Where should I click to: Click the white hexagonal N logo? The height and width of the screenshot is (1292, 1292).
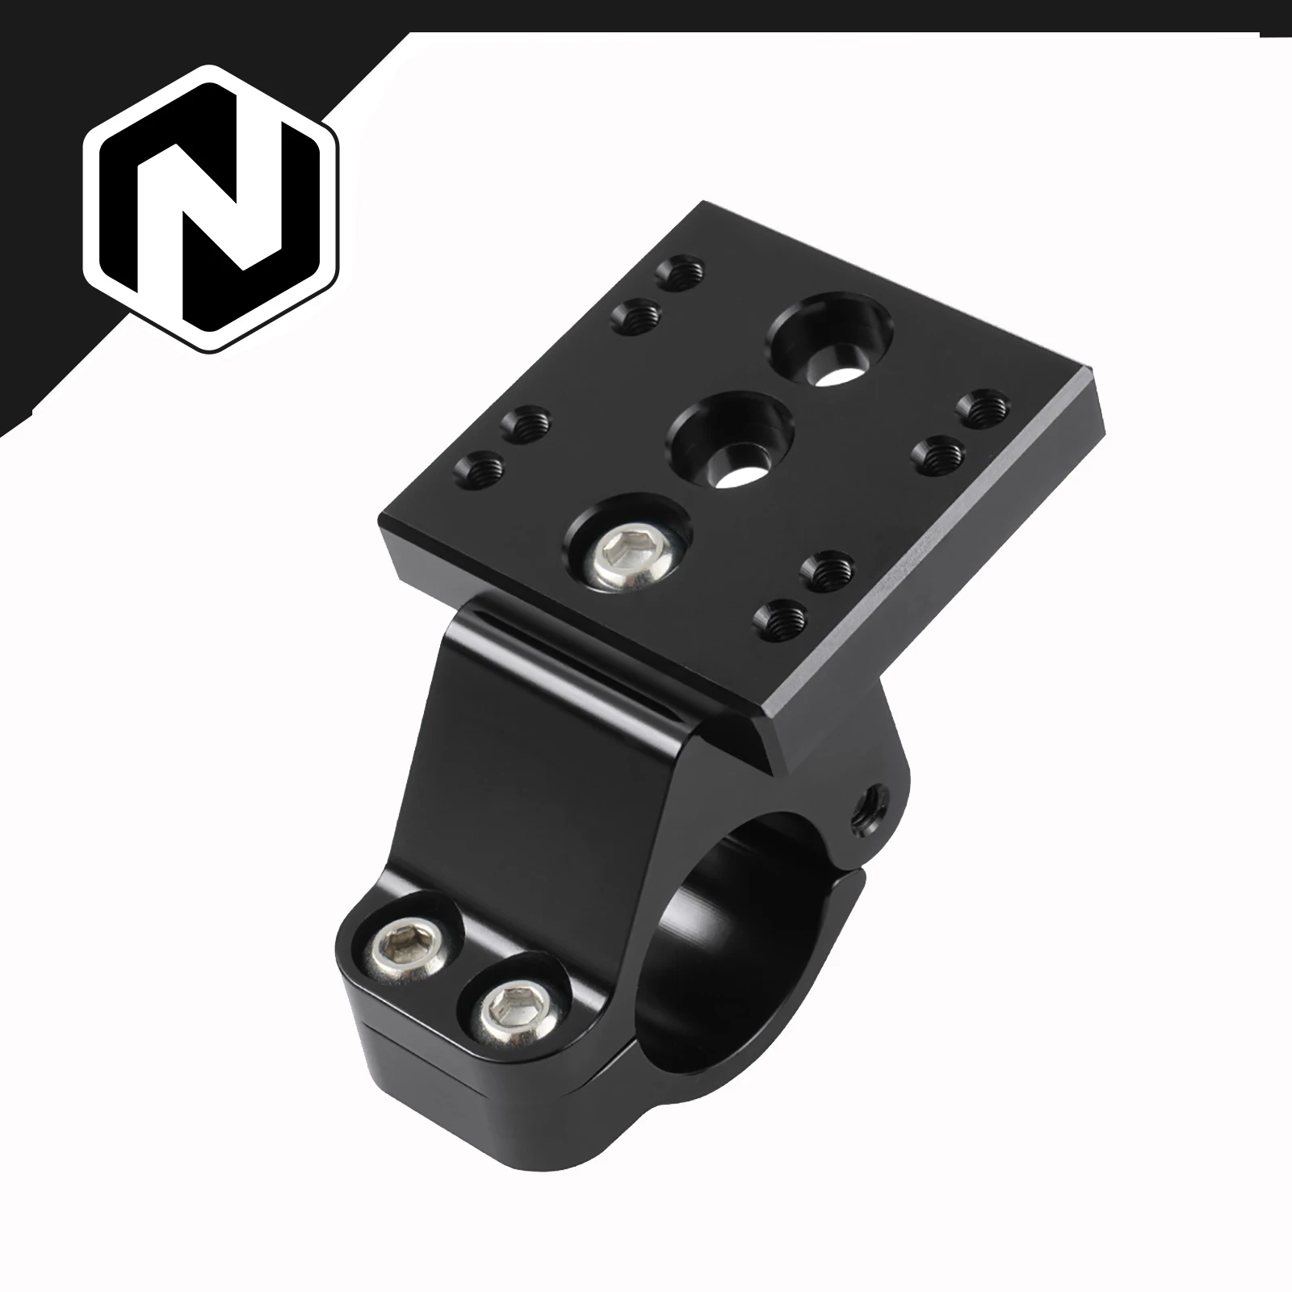[x=212, y=208]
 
